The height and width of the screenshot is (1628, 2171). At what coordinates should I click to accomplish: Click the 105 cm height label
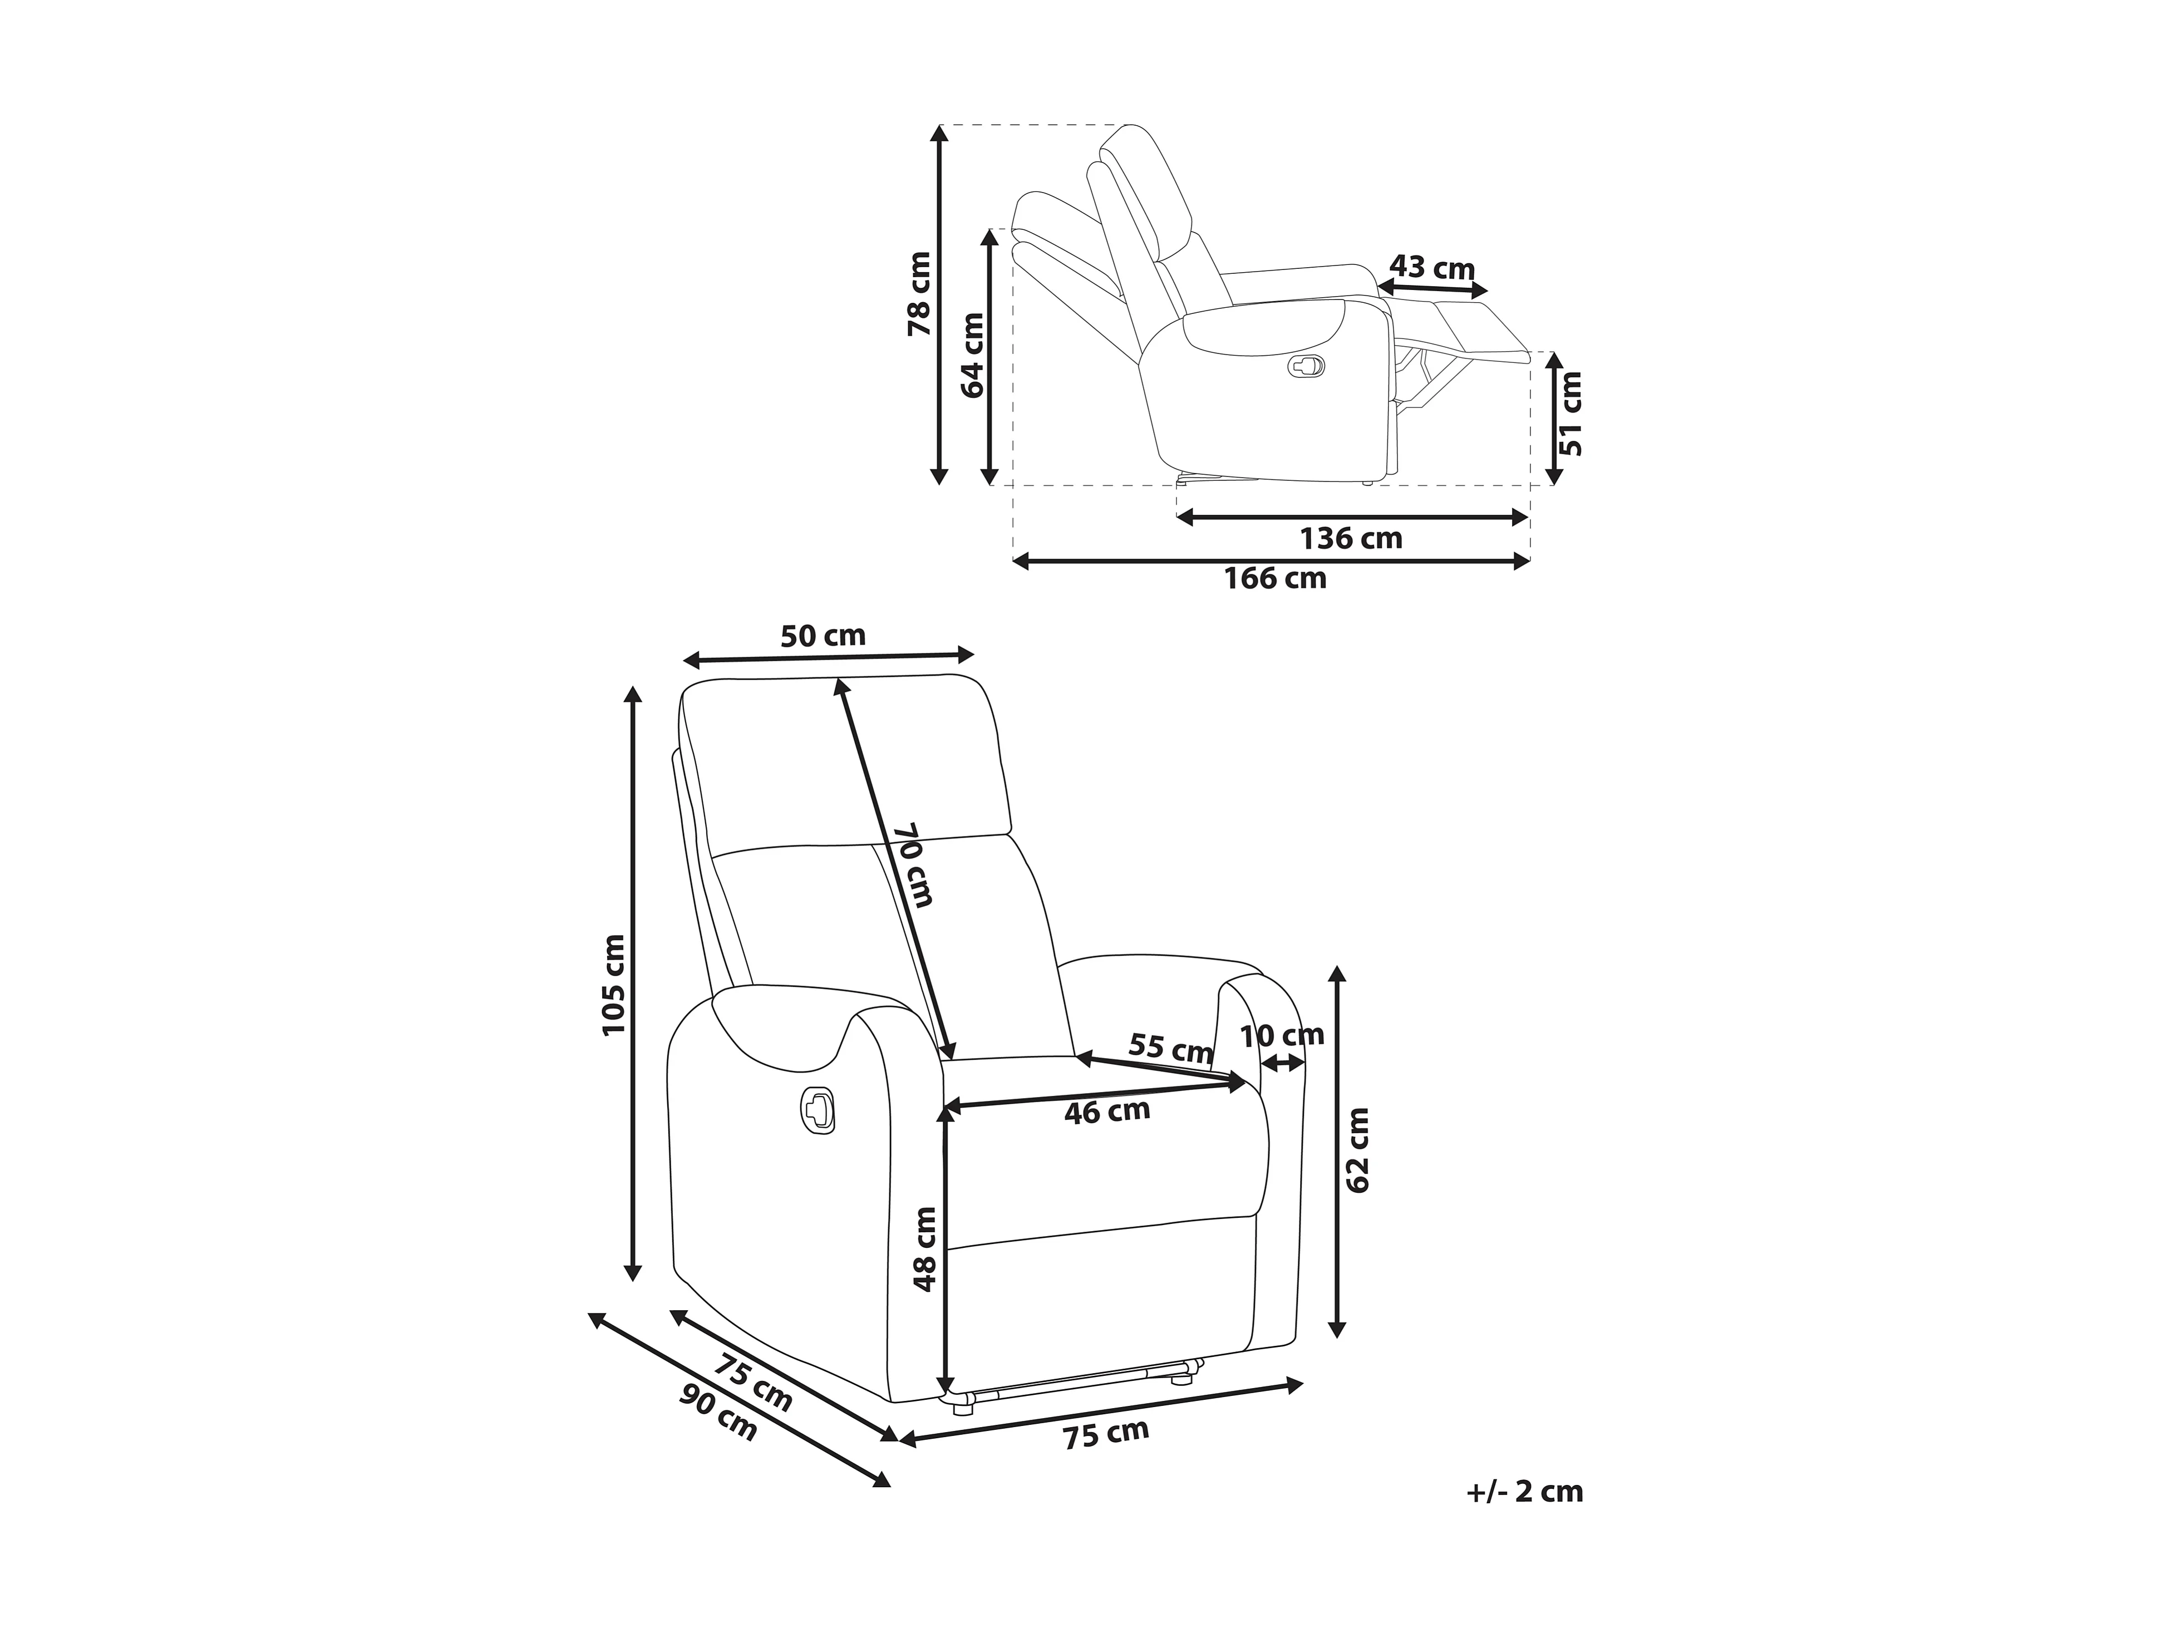[x=612, y=984]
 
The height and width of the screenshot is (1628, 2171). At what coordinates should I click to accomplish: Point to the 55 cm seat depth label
[x=1170, y=1048]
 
